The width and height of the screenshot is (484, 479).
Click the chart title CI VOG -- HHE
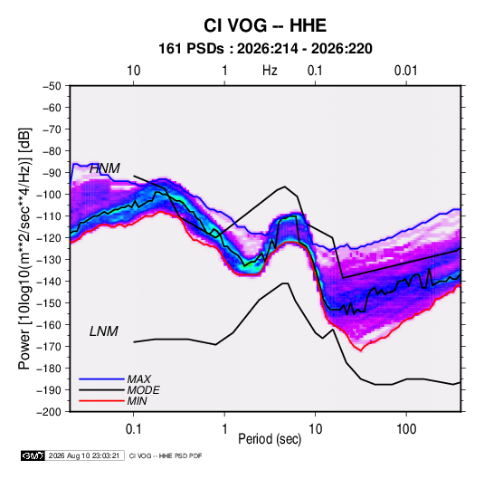pos(265,25)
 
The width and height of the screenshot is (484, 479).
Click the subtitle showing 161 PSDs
pos(265,49)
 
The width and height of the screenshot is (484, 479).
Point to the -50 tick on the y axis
pos(52,86)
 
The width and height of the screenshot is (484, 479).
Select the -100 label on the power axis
pos(49,195)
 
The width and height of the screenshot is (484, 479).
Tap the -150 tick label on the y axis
pos(49,303)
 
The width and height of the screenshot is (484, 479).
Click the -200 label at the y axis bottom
pos(49,412)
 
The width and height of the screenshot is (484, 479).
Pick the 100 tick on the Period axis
pos(406,429)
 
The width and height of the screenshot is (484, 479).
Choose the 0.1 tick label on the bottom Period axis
pos(133,429)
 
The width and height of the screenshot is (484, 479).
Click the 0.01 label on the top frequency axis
pos(405,71)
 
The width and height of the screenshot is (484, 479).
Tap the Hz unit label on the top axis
pos(270,71)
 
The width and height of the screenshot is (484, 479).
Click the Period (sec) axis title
pos(270,439)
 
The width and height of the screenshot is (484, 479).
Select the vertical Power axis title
pos(24,249)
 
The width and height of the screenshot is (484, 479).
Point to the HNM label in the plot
pos(105,168)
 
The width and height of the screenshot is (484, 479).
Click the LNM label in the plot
pos(104,331)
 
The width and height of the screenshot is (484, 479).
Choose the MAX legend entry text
pos(139,379)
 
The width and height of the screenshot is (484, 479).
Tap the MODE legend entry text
pos(143,390)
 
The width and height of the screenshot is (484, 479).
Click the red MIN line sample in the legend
pos(101,401)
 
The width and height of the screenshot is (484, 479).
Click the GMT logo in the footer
pos(33,455)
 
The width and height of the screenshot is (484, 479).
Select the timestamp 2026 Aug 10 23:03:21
pos(84,455)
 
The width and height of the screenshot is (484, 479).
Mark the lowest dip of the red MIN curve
pos(361,350)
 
